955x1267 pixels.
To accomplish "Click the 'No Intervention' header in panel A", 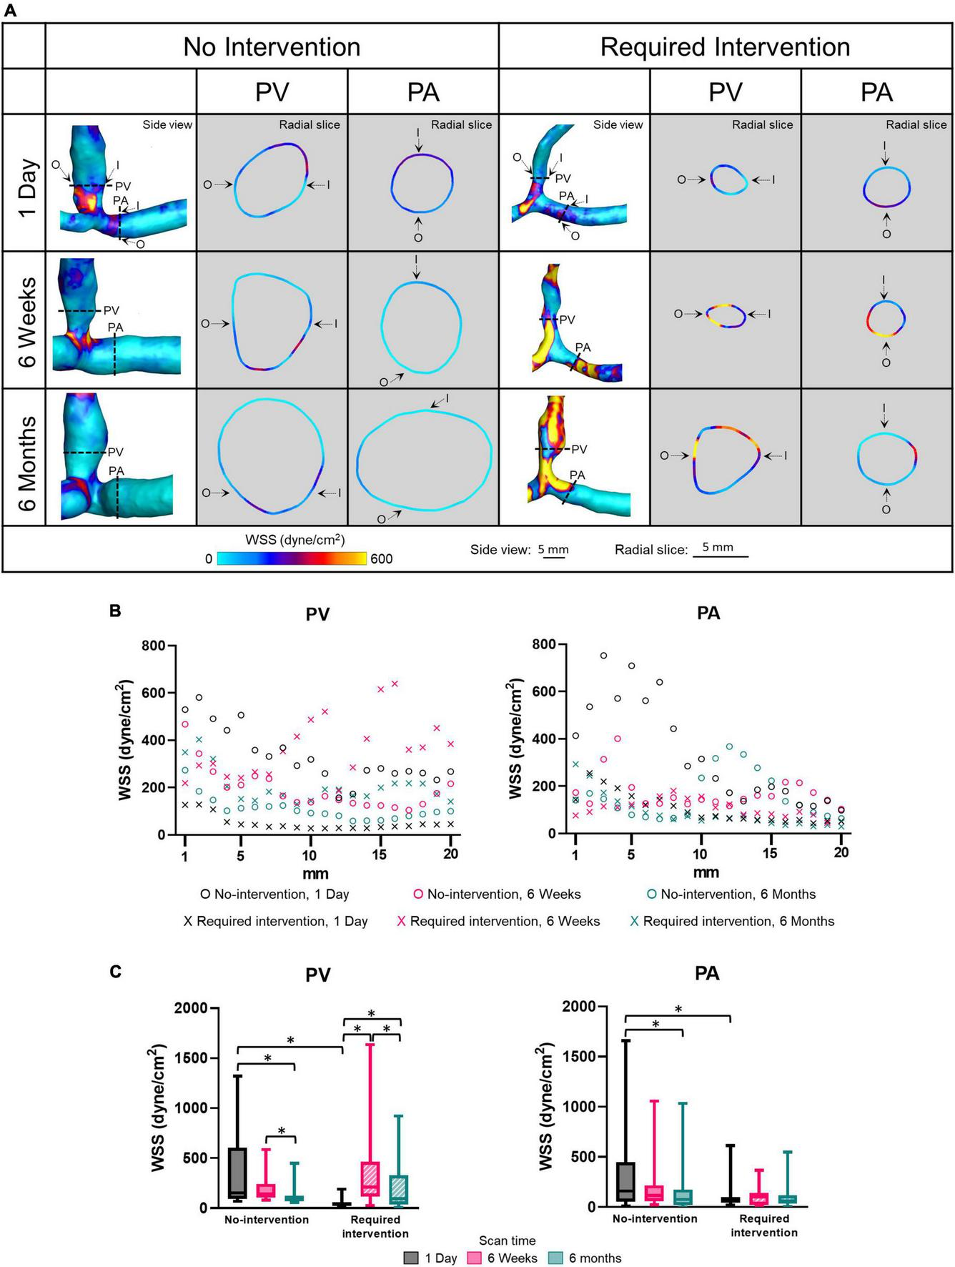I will pos(272,47).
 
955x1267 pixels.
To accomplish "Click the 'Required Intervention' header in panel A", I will pos(725,47).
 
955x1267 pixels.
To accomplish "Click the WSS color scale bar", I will pos(292,558).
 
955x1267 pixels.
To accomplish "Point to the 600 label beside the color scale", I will pos(381,559).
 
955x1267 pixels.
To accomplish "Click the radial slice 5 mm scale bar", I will pos(720,556).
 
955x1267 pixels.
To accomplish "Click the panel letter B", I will pos(115,611).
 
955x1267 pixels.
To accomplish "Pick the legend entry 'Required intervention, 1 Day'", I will pos(275,922).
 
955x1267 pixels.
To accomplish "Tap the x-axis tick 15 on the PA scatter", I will pos(769,853).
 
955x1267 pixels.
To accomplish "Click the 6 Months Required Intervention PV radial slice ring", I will pos(726,460).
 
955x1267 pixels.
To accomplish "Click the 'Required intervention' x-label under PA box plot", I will pos(763,1226).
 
